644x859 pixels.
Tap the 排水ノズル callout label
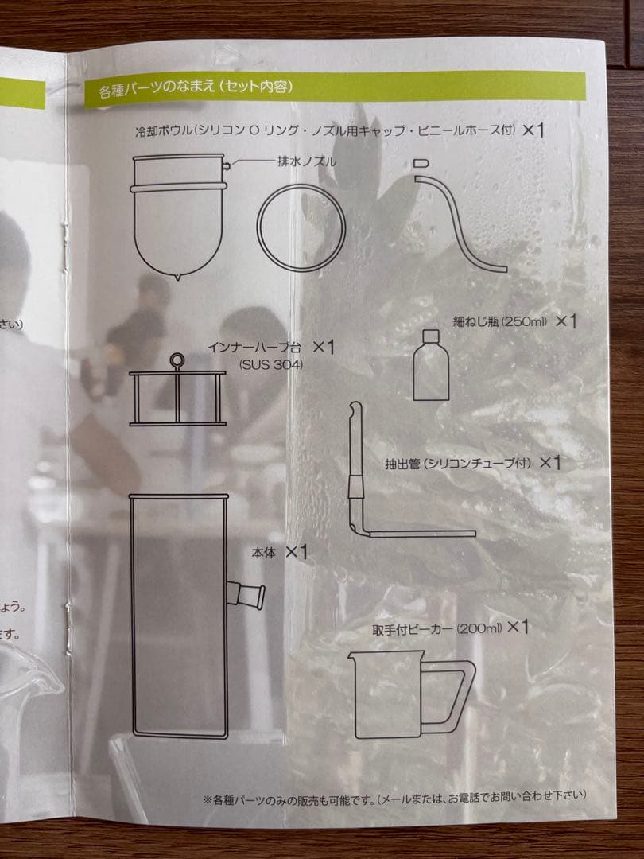[307, 161]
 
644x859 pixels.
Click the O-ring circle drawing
[301, 220]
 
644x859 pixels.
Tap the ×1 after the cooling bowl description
[533, 130]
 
